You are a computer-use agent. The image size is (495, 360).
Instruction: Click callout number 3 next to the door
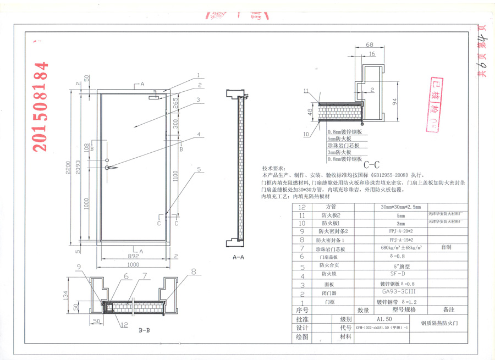[197, 101]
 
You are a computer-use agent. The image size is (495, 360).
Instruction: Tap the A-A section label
[238, 257]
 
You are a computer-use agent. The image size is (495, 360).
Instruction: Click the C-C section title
[372, 164]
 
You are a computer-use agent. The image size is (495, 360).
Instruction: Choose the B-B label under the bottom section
[145, 331]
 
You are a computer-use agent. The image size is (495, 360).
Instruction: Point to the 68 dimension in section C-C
[369, 45]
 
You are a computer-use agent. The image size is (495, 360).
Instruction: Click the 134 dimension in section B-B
[81, 296]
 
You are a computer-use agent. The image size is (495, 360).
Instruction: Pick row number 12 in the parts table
[301, 207]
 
